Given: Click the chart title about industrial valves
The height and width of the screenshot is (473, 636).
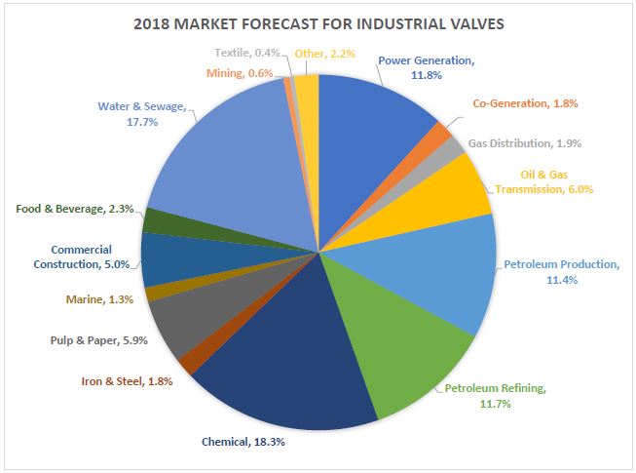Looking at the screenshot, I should coord(318,23).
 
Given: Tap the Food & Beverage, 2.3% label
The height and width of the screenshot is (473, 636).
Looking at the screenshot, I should coord(73,209).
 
